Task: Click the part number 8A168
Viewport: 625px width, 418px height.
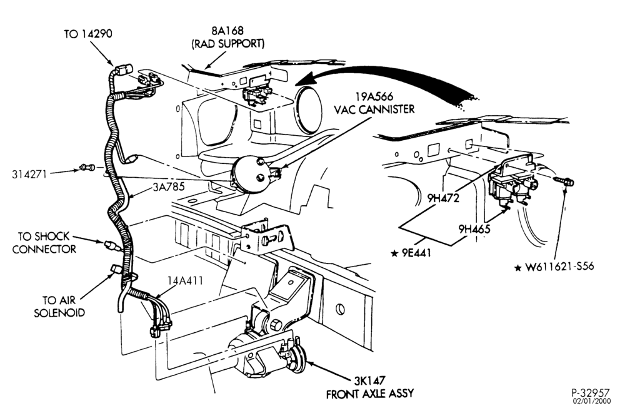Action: pos(227,30)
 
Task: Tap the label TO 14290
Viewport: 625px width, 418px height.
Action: pos(88,34)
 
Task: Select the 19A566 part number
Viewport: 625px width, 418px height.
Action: pos(374,96)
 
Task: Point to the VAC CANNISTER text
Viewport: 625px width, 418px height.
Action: pos(374,110)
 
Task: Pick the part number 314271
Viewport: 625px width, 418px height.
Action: pos(29,174)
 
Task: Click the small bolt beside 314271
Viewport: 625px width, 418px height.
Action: pos(87,167)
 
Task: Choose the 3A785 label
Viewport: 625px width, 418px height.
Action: pos(169,186)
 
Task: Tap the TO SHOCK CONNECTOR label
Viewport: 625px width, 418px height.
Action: pos(44,242)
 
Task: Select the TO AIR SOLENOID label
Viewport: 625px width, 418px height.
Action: pos(59,306)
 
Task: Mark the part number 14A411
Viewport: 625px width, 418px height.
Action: pos(185,281)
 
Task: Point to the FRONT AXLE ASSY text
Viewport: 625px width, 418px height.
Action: pos(370,394)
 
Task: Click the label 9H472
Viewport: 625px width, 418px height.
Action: pos(443,198)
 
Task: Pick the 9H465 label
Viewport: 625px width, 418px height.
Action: pos(474,229)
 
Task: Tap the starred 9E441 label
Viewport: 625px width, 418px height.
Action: pos(411,253)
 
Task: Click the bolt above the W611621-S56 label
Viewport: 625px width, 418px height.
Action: pos(564,181)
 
